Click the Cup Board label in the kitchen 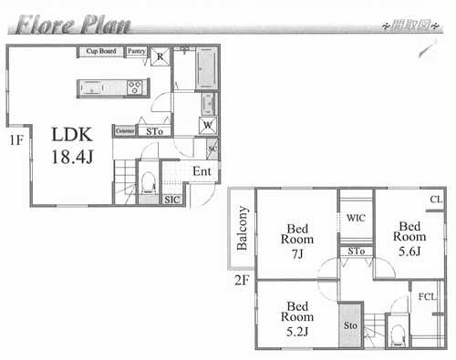coord(99,52)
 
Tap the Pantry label coord(136,52)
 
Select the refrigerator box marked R coord(160,56)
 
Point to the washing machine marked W coord(207,125)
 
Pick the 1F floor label coord(16,140)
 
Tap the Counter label coord(124,131)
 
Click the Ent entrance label coord(202,171)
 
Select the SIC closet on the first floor coord(172,198)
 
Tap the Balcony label coord(243,228)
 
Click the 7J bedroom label coord(298,242)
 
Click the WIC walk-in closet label coord(355,218)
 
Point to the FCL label coord(427,296)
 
